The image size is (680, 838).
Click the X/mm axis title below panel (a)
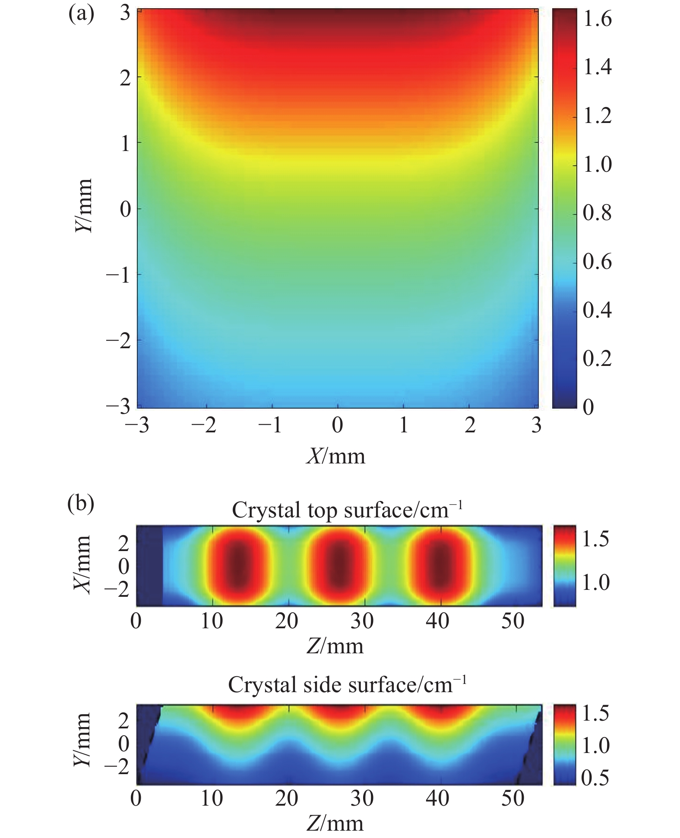point(336,456)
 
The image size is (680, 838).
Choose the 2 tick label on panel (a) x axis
point(470,426)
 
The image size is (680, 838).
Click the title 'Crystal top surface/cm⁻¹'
point(347,510)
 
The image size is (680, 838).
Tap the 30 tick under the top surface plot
point(362,621)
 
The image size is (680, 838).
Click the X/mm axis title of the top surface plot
point(83,565)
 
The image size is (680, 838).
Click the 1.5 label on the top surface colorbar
point(595,539)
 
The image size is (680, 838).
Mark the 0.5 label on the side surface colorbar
point(595,778)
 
